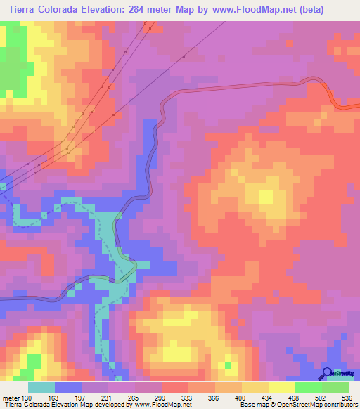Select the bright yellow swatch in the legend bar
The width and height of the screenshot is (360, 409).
click(281, 387)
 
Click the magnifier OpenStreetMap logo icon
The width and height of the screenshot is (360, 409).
click(326, 372)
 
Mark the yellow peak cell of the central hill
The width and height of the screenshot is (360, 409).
click(266, 197)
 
